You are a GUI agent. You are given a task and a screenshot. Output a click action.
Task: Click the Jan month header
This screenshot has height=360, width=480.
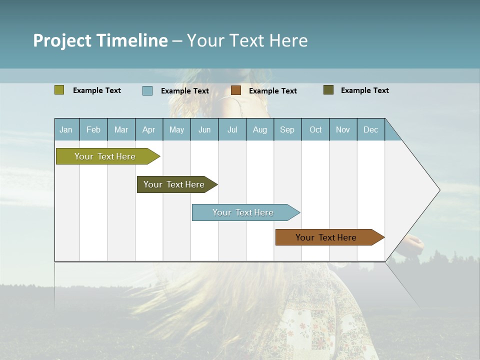pyautogui.click(x=66, y=129)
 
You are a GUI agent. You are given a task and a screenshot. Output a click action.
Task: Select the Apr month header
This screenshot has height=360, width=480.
pyautogui.click(x=148, y=129)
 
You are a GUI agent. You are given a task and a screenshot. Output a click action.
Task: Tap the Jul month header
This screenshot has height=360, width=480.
pyautogui.click(x=232, y=129)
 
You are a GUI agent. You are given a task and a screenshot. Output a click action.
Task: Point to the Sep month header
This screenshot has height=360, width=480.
pyautogui.click(x=287, y=129)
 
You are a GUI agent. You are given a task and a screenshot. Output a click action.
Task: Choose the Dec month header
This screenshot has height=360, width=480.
pyautogui.click(x=370, y=129)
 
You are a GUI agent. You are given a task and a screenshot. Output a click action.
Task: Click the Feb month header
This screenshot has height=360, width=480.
pyautogui.click(x=93, y=129)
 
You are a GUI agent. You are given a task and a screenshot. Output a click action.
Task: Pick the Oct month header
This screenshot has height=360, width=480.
pyautogui.click(x=315, y=129)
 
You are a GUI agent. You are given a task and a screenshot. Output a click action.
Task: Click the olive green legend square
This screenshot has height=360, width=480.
pyautogui.click(x=59, y=90)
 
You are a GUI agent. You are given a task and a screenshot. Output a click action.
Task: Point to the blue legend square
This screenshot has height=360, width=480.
pyautogui.click(x=147, y=90)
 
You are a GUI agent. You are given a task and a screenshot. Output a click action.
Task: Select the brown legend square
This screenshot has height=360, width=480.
pyautogui.click(x=236, y=90)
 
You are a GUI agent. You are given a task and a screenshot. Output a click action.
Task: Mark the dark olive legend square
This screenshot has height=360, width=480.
pyautogui.click(x=328, y=90)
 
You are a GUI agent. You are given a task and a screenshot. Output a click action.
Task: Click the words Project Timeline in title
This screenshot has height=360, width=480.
pyautogui.click(x=100, y=40)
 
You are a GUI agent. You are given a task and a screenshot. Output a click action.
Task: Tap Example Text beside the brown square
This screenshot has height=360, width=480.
pyautogui.click(x=273, y=91)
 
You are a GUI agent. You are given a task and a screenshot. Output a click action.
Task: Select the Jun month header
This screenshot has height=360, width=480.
pyautogui.click(x=204, y=129)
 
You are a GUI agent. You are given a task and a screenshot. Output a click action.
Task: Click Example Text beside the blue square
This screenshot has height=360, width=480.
pyautogui.click(x=185, y=91)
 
